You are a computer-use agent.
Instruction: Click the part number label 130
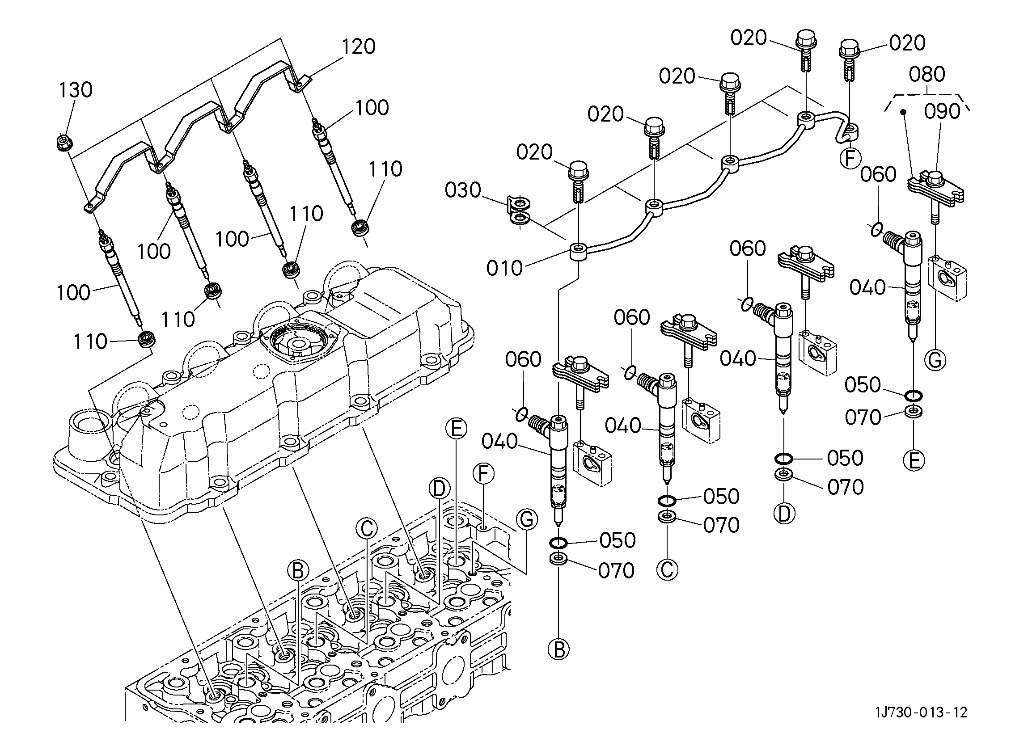click(x=75, y=90)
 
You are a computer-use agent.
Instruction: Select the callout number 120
click(x=358, y=46)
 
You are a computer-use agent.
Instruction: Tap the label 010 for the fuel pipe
click(x=504, y=268)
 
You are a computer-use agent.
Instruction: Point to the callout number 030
click(x=463, y=190)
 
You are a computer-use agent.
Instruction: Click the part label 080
click(x=927, y=74)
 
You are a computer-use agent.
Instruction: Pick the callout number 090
click(x=942, y=111)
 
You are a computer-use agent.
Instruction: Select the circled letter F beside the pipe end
click(x=850, y=159)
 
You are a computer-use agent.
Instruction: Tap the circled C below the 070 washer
click(x=667, y=569)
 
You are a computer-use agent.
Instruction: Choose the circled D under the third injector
click(x=784, y=514)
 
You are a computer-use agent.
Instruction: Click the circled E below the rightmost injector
click(x=914, y=461)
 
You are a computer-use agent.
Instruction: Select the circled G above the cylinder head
click(x=527, y=519)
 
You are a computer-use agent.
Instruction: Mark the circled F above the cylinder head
click(x=483, y=474)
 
